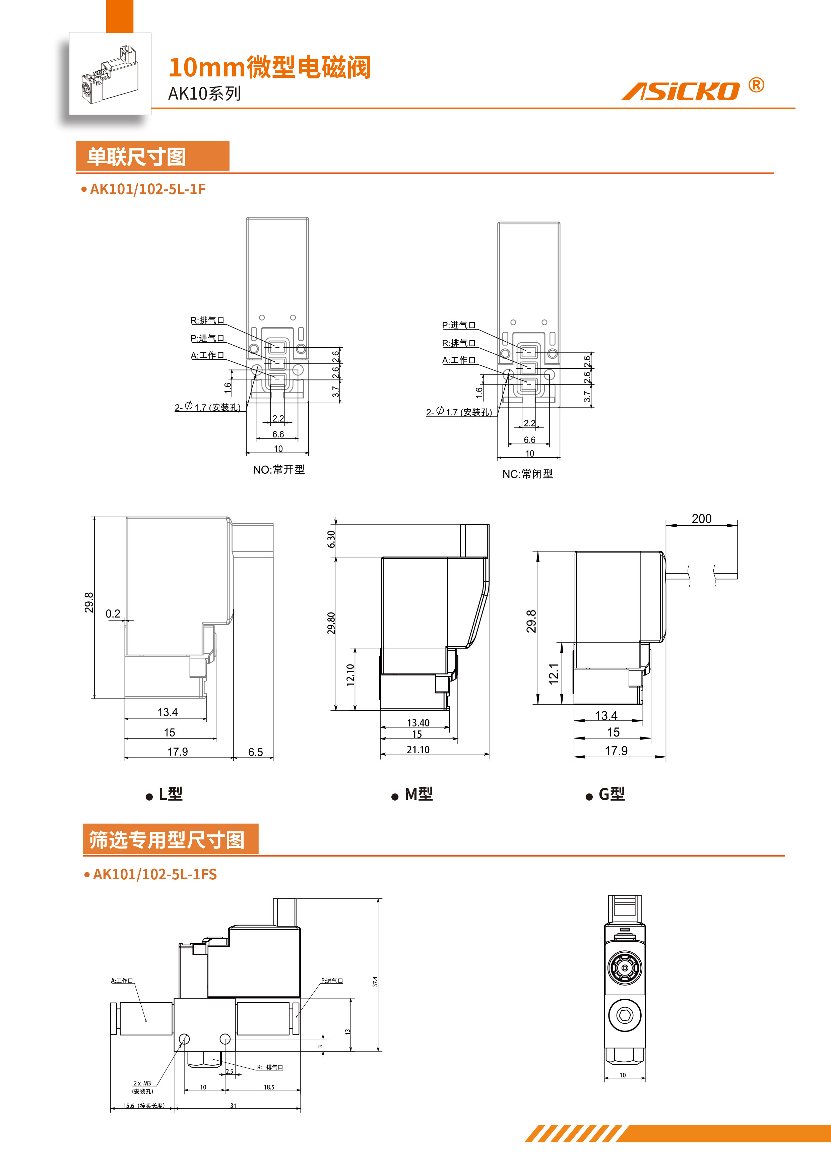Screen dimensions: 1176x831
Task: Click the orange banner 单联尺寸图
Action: tap(152, 156)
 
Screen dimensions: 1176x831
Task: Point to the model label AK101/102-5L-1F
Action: tap(147, 189)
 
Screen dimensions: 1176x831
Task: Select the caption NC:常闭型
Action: tap(527, 474)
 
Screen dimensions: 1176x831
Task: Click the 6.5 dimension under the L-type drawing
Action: tap(255, 752)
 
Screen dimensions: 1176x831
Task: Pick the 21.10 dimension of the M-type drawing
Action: tap(418, 749)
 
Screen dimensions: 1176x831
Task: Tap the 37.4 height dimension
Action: tap(375, 981)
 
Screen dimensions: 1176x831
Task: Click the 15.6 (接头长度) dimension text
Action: tap(143, 1105)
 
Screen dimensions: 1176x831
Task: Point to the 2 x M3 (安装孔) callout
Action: tap(142, 1087)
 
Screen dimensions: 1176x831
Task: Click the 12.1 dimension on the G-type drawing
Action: tap(553, 673)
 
